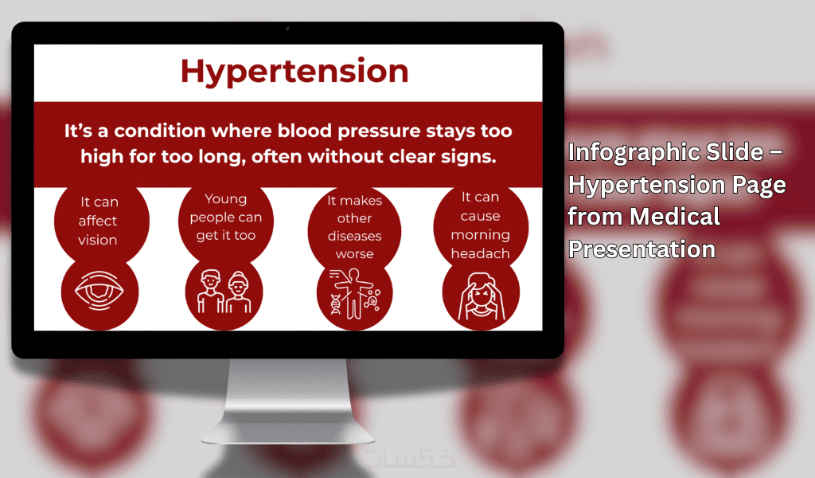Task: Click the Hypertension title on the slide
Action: coord(294,71)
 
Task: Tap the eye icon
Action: coord(99,291)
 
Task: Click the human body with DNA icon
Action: coord(355,293)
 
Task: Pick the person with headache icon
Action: coord(481,296)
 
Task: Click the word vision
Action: coord(98,240)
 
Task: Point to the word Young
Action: coord(225,199)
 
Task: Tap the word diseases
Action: coord(354,236)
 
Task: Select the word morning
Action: coord(480,235)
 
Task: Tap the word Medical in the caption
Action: coord(675,217)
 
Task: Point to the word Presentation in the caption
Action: coord(642,249)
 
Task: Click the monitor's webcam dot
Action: coord(287,29)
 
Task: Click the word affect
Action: coord(98,221)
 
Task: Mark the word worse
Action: coord(354,254)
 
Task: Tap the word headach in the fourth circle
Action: coord(480,253)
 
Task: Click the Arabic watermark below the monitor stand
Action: coord(410,458)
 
